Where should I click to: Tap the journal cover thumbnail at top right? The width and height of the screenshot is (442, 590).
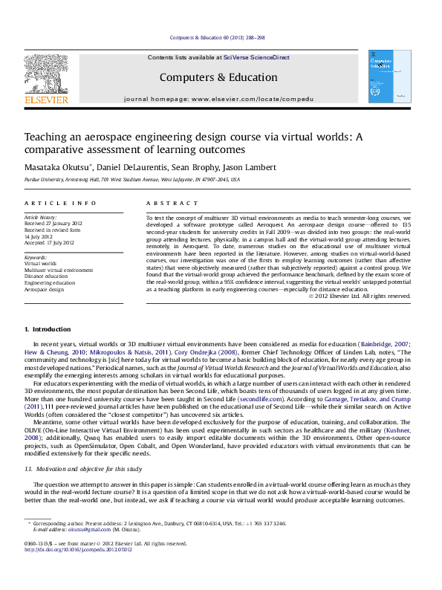(390, 77)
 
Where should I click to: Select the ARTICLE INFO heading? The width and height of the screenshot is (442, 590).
(60, 203)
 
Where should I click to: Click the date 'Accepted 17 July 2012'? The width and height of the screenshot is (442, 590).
(50, 242)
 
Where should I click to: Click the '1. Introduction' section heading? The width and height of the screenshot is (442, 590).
(48, 329)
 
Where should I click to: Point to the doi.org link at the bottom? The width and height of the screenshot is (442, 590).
(78, 550)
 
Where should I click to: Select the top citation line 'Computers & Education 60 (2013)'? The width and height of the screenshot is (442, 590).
(218, 37)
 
